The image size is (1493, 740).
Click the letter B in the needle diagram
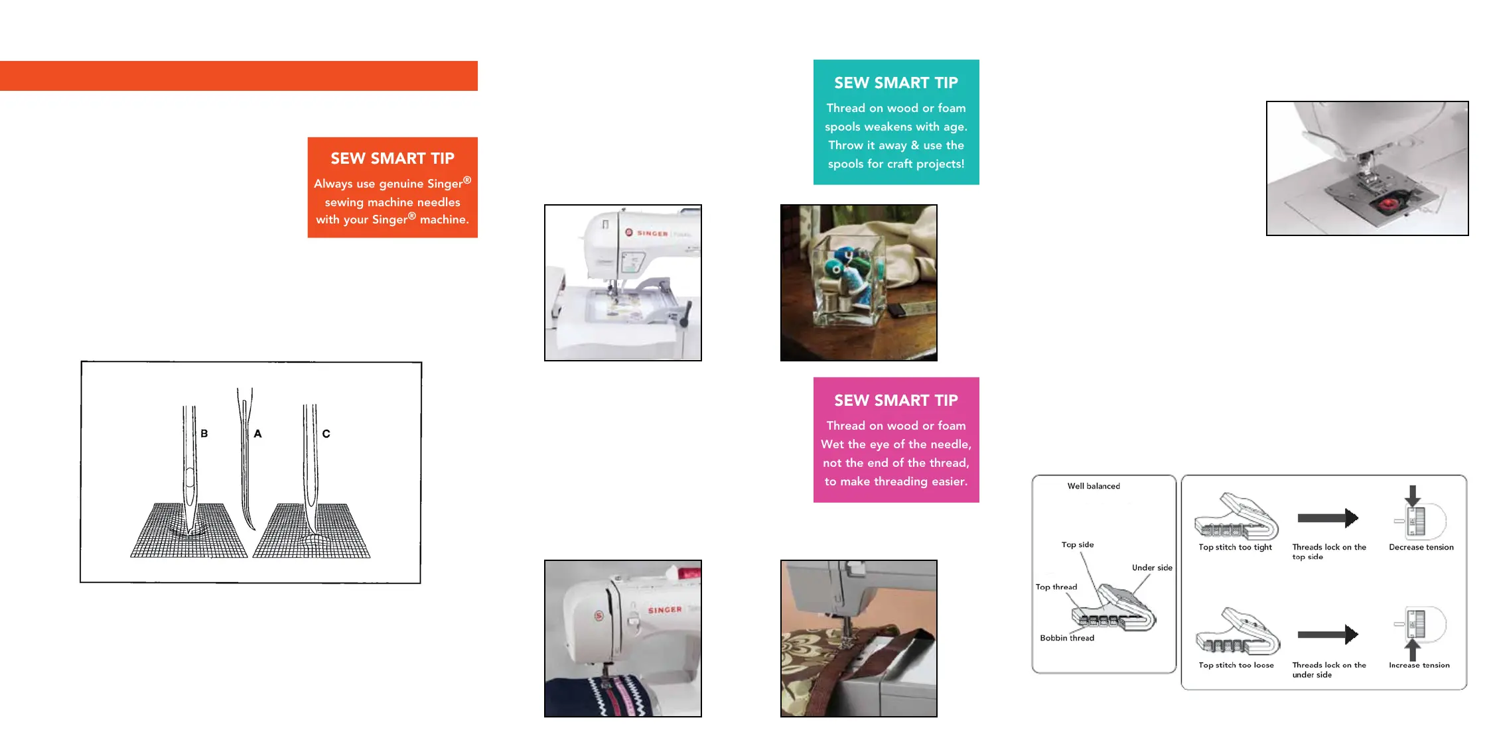point(204,434)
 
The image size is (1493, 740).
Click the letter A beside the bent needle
point(258,434)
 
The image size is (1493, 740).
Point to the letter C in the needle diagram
point(326,434)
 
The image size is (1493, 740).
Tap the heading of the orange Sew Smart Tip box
point(392,158)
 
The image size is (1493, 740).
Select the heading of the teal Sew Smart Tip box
point(896,83)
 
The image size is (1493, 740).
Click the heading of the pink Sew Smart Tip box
point(896,401)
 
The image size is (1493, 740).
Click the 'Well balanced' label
point(1094,486)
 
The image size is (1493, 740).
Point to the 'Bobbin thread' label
point(1067,638)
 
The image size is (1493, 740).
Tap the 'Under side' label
point(1152,568)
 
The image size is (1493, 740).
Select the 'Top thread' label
point(1056,587)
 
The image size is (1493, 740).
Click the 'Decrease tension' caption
point(1421,547)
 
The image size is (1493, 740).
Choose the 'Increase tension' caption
point(1419,665)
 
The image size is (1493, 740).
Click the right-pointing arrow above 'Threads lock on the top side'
point(1328,518)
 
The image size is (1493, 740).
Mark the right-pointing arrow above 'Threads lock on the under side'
point(1328,635)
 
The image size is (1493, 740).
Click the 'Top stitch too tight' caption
point(1235,547)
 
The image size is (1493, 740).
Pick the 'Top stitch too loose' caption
point(1236,665)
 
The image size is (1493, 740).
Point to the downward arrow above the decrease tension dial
point(1413,495)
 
